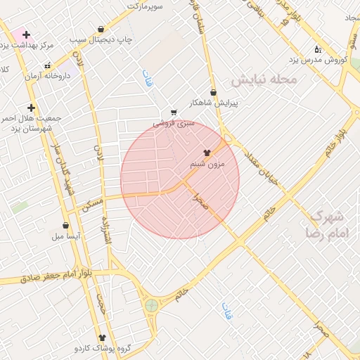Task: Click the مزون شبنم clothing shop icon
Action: (207, 152)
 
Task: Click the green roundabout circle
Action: (151, 305)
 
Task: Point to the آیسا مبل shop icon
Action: (65, 226)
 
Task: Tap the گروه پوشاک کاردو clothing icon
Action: (101, 337)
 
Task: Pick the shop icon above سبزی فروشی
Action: (173, 112)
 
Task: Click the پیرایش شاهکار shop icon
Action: (214, 92)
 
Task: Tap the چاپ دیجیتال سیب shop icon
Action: (101, 30)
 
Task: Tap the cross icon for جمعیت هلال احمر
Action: (31, 108)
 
